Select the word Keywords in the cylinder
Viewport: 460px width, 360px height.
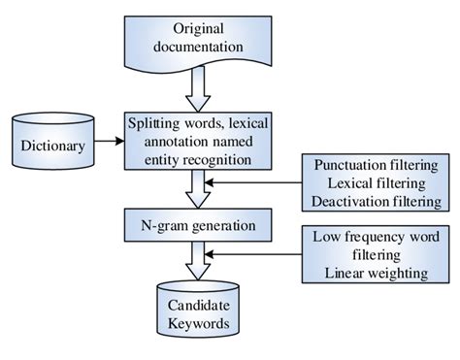pos(197,326)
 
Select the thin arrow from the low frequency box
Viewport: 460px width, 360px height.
pos(257,254)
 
